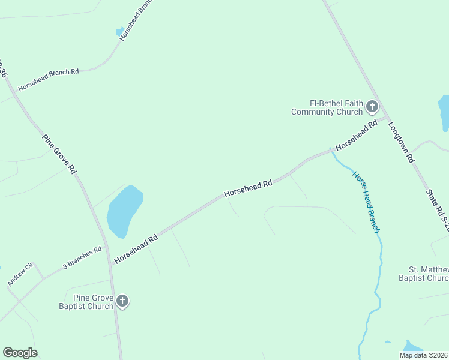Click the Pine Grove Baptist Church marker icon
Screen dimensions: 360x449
pyautogui.click(x=122, y=301)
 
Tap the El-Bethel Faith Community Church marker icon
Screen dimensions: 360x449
pyautogui.click(x=372, y=107)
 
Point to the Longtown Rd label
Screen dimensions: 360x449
pyautogui.click(x=402, y=143)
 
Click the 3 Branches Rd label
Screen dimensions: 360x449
pyautogui.click(x=82, y=256)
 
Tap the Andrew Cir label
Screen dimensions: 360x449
pyautogui.click(x=19, y=274)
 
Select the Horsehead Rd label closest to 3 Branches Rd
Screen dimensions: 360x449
pyautogui.click(x=136, y=247)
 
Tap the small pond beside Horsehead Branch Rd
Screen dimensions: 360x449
pyautogui.click(x=120, y=31)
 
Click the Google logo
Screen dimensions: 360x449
pyautogui.click(x=20, y=353)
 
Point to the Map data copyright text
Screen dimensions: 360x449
pyautogui.click(x=424, y=355)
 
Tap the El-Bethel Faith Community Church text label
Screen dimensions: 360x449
pyautogui.click(x=327, y=107)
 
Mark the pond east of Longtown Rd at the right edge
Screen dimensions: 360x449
pyautogui.click(x=444, y=112)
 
